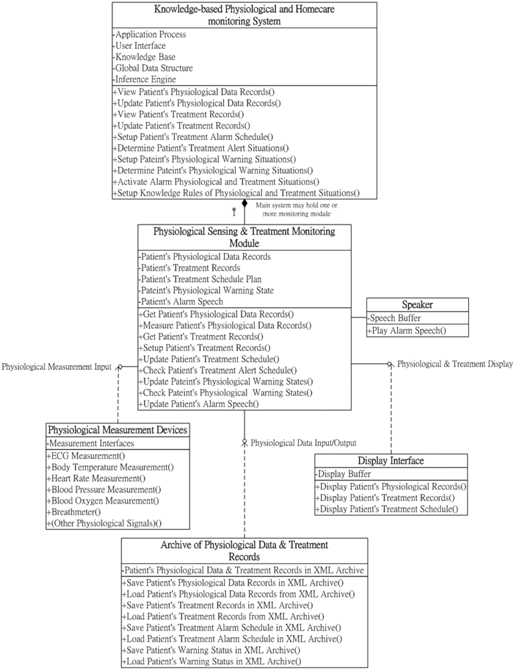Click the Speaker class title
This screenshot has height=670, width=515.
coord(417,305)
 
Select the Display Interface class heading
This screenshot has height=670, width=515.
coord(391,461)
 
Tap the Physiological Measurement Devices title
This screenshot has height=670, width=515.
coord(117,429)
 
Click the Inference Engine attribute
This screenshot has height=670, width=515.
coord(145,80)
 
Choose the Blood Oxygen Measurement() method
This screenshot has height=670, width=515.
coord(102,500)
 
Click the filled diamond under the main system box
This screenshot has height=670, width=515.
coord(245,203)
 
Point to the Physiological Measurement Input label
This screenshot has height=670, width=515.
coord(56,366)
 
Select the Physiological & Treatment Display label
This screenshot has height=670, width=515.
coord(455,364)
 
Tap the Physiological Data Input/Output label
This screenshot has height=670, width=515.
coord(303,442)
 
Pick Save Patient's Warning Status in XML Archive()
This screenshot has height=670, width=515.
coord(211,650)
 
